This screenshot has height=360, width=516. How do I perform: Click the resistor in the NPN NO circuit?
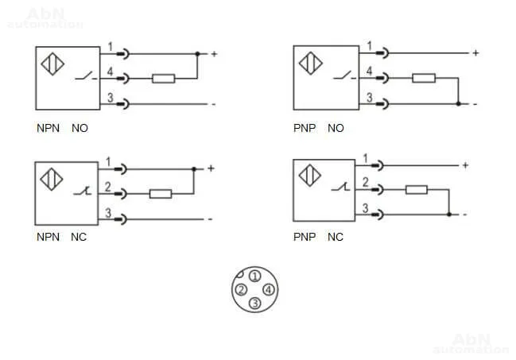[x=163, y=79]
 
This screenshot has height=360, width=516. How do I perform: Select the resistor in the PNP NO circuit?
[x=424, y=78]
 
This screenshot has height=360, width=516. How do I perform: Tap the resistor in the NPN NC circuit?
[x=161, y=194]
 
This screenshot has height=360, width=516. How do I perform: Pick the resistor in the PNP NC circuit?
[x=417, y=190]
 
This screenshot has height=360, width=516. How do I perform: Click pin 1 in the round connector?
[x=254, y=276]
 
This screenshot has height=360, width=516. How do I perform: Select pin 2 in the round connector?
[x=241, y=290]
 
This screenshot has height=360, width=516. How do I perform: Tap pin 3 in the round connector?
[x=254, y=304]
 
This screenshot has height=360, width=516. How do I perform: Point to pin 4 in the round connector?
[x=269, y=290]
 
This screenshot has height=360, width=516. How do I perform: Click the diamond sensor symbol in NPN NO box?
[x=52, y=64]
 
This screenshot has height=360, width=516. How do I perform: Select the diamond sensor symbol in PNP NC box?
[x=309, y=176]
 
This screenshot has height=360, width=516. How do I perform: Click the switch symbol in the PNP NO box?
[x=344, y=75]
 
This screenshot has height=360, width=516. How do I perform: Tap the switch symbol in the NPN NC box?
[x=82, y=191]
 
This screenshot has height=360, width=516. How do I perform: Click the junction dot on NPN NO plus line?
[x=197, y=53]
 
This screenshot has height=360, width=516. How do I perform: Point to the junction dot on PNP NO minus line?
[x=459, y=104]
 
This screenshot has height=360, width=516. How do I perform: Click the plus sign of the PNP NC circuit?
[x=465, y=165]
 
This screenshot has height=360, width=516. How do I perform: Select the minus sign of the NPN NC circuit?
[x=210, y=219]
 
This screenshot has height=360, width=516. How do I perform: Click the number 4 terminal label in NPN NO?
[x=110, y=72]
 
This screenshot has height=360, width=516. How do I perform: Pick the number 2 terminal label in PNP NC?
[x=365, y=182]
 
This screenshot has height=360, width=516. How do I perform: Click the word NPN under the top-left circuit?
[x=48, y=128]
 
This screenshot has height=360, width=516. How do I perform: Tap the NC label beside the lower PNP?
[x=336, y=237]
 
